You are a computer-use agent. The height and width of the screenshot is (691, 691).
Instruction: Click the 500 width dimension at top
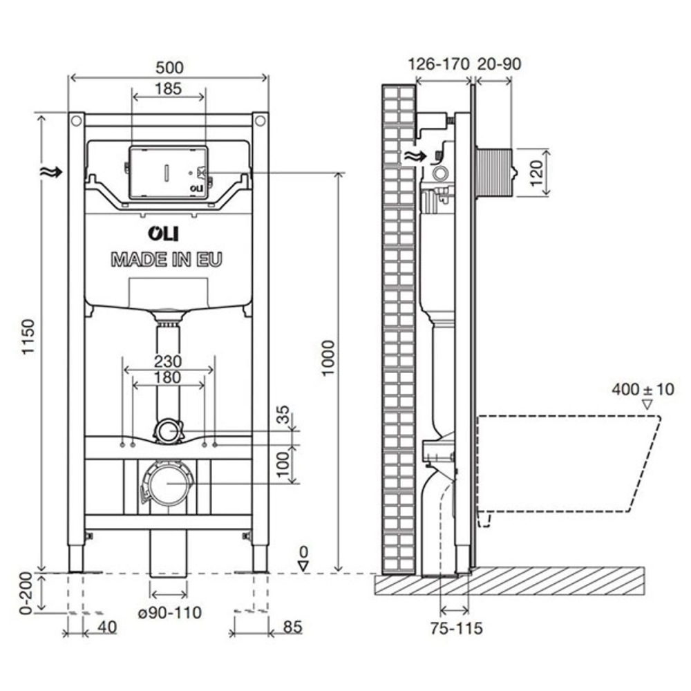pyautogui.click(x=169, y=67)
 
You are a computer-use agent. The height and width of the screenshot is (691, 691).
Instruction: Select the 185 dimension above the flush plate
pyautogui.click(x=169, y=88)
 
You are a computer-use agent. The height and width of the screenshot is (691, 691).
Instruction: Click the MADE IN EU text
pyautogui.click(x=168, y=261)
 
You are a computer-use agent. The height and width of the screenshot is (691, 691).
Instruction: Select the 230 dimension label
pyautogui.click(x=168, y=361)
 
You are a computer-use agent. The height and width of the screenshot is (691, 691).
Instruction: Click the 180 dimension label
pyautogui.click(x=168, y=377)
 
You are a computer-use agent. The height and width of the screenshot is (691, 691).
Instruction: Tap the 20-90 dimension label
pyautogui.click(x=498, y=64)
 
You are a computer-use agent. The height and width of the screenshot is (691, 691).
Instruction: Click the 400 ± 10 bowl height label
pyautogui.click(x=642, y=388)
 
